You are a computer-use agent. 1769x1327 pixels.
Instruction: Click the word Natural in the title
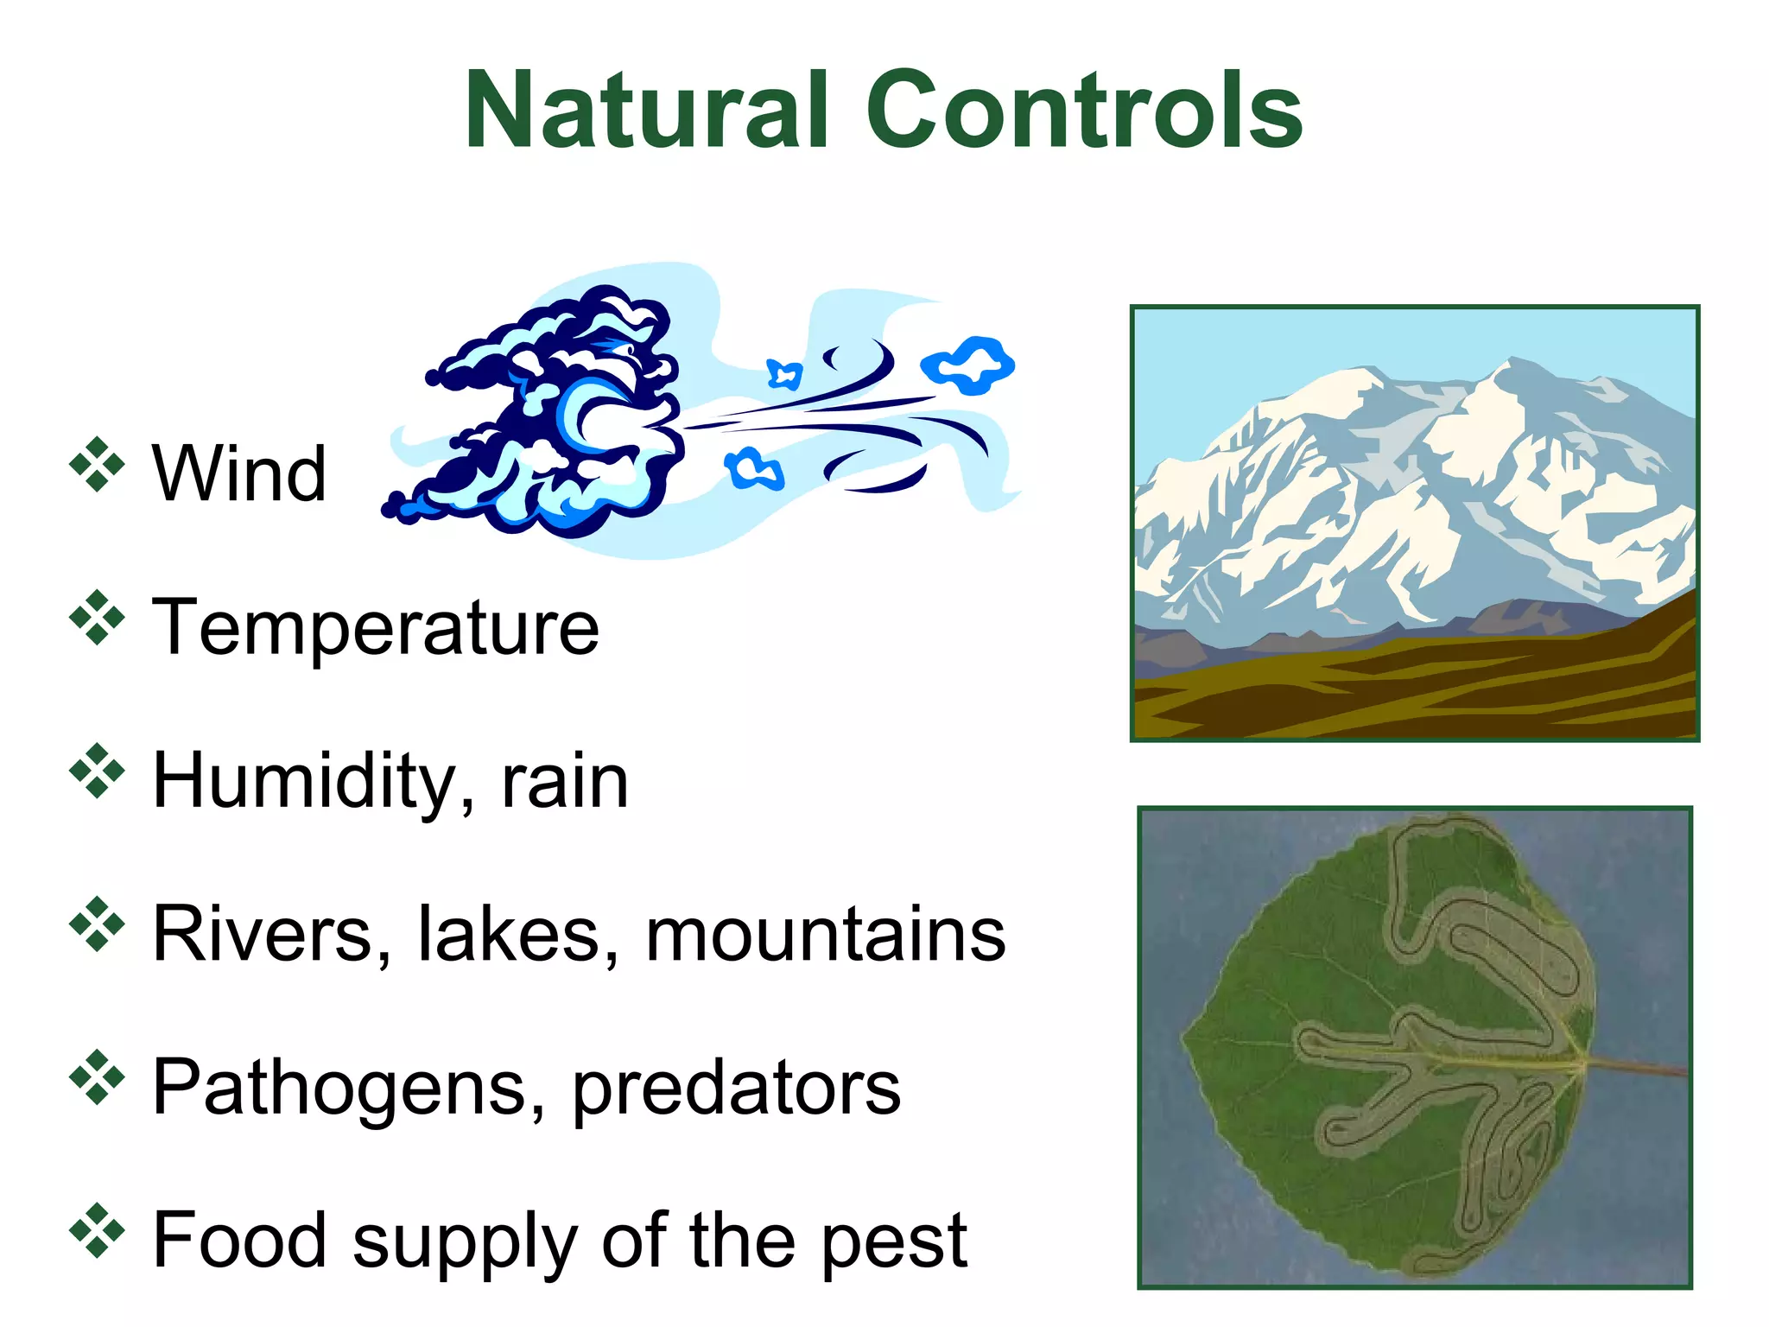coord(647,110)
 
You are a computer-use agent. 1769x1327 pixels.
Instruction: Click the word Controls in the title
coord(1084,110)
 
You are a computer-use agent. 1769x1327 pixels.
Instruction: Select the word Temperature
coord(376,628)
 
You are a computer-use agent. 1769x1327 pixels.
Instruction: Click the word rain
coord(565,782)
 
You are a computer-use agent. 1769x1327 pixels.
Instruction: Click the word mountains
coord(826,935)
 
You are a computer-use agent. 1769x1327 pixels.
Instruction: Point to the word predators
coord(737,1089)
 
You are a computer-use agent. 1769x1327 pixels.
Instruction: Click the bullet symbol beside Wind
coord(97,466)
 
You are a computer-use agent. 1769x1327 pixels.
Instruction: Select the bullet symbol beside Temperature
coord(97,618)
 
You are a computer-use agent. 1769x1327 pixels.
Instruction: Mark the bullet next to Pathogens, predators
coord(97,1077)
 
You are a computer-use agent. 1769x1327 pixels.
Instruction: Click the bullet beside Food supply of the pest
coord(97,1230)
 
